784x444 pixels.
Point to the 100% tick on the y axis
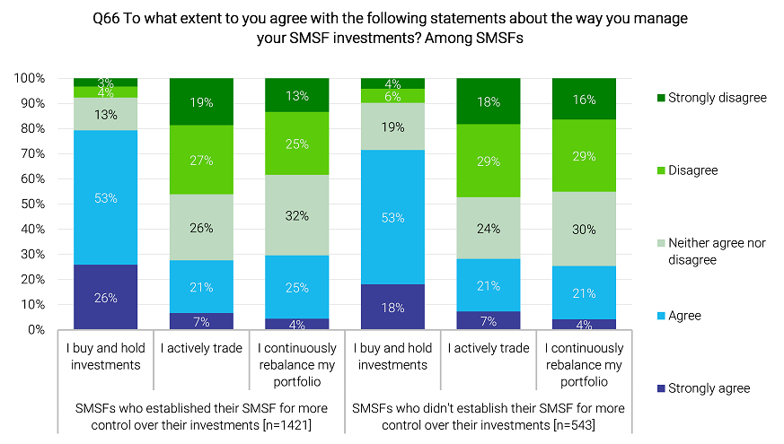click(x=30, y=79)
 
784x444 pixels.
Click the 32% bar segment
click(x=296, y=215)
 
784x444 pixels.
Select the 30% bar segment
click(x=584, y=229)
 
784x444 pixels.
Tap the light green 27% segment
click(x=201, y=161)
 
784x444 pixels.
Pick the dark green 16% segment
click(x=584, y=99)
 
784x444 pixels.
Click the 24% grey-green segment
click(x=488, y=228)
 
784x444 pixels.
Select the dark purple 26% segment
click(x=105, y=297)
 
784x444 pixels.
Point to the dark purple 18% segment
click(x=392, y=307)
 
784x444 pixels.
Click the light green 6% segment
click(x=392, y=96)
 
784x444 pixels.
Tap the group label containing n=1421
click(x=201, y=415)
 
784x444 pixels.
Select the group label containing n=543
click(x=489, y=415)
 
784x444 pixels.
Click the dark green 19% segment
click(x=201, y=102)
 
